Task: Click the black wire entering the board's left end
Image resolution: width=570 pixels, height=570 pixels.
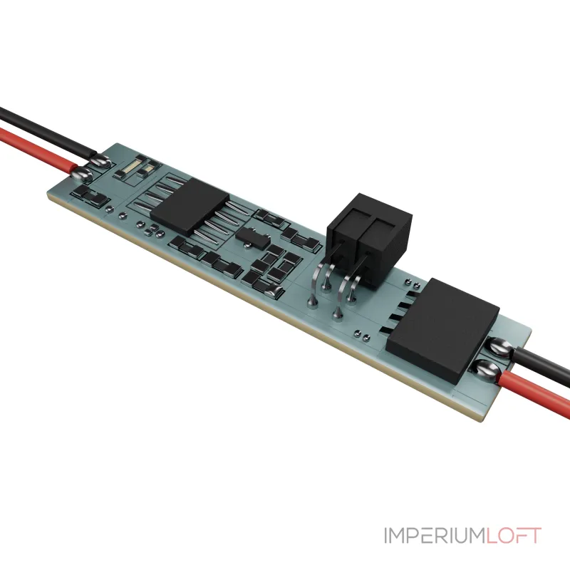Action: point(47,133)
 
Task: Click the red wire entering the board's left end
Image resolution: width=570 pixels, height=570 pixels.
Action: point(38,150)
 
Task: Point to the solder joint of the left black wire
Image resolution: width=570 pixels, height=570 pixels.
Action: point(100,160)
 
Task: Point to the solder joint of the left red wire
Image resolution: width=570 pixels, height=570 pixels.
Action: point(81,175)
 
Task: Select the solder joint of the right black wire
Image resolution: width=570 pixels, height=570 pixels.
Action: point(500,346)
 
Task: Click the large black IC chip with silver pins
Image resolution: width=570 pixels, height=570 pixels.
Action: point(189,206)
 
